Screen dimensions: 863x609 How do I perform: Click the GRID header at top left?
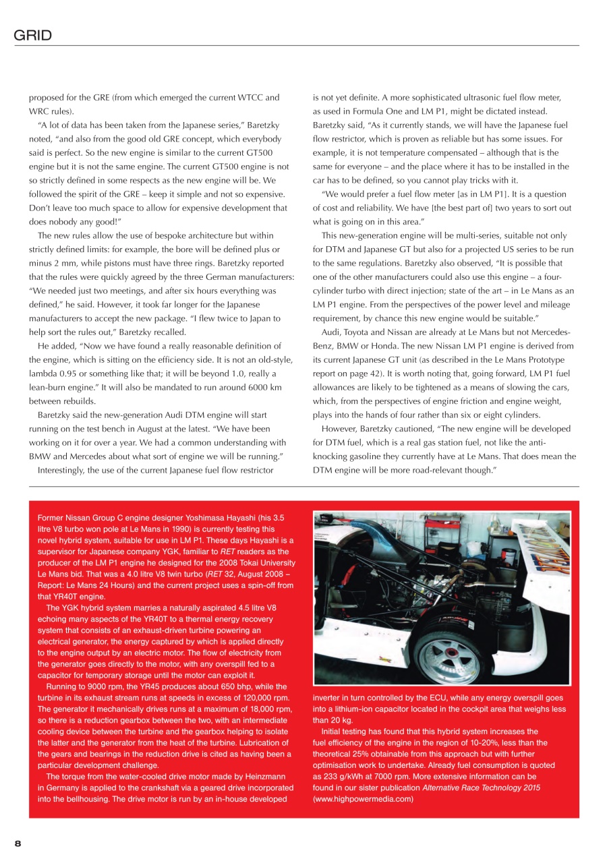pos(33,35)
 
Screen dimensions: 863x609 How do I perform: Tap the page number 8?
pos(19,843)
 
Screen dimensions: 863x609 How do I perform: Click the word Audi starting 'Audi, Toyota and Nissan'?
pos(331,332)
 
